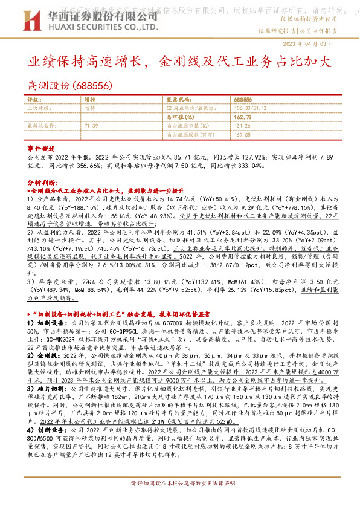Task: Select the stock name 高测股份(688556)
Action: point(60,85)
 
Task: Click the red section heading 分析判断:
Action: point(42,181)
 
